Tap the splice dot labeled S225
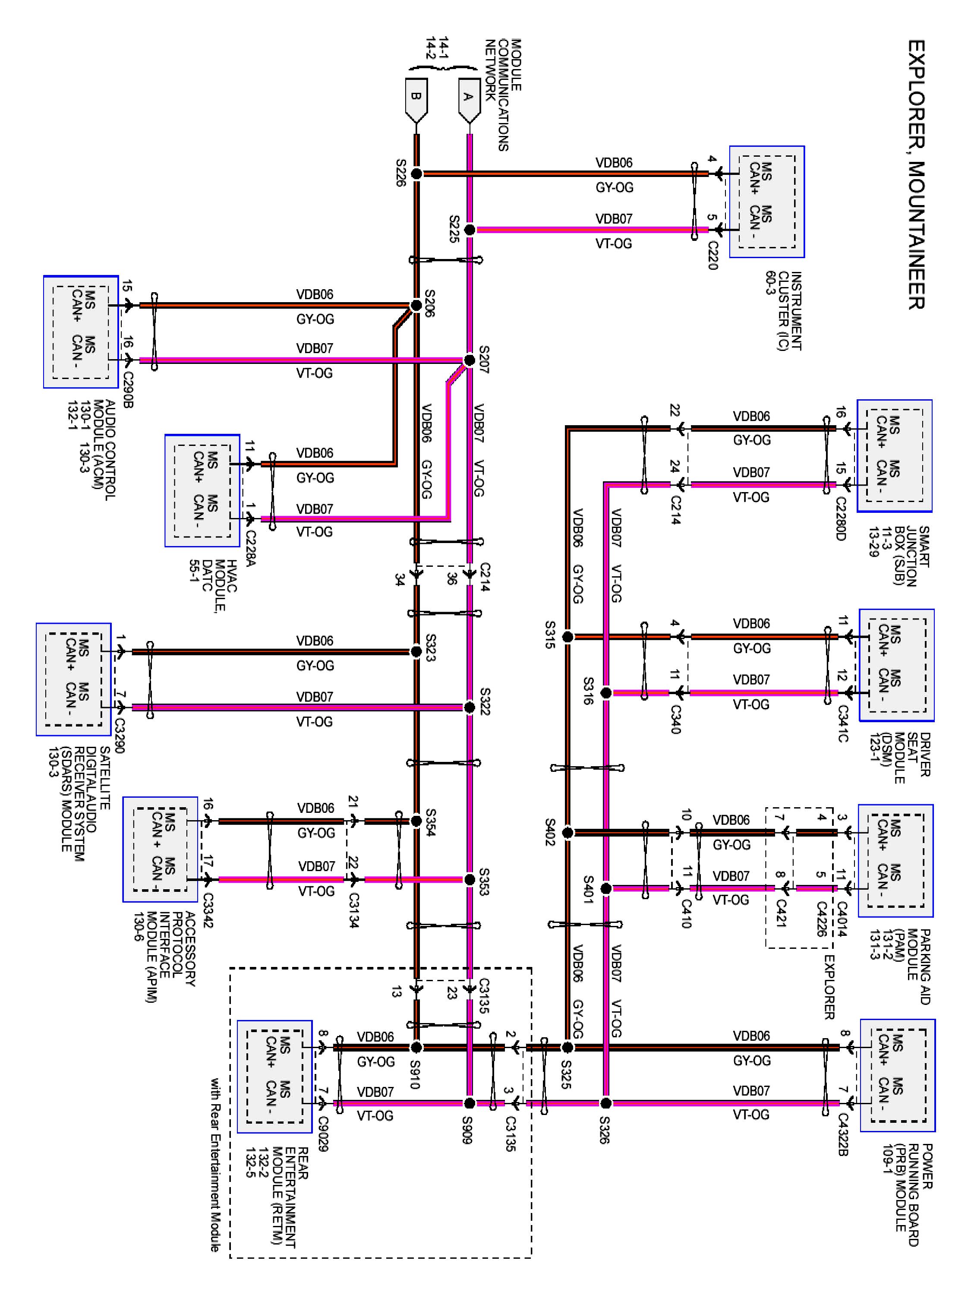(x=470, y=230)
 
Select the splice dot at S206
(x=416, y=305)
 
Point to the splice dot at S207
(x=470, y=360)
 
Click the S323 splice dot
(x=416, y=651)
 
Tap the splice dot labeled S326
(x=606, y=1103)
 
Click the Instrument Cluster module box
(x=767, y=202)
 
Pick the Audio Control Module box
(x=81, y=332)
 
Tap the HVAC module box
(x=202, y=491)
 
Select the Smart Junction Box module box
(x=894, y=456)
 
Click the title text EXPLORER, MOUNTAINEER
(x=916, y=174)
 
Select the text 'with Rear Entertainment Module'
(x=215, y=1165)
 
